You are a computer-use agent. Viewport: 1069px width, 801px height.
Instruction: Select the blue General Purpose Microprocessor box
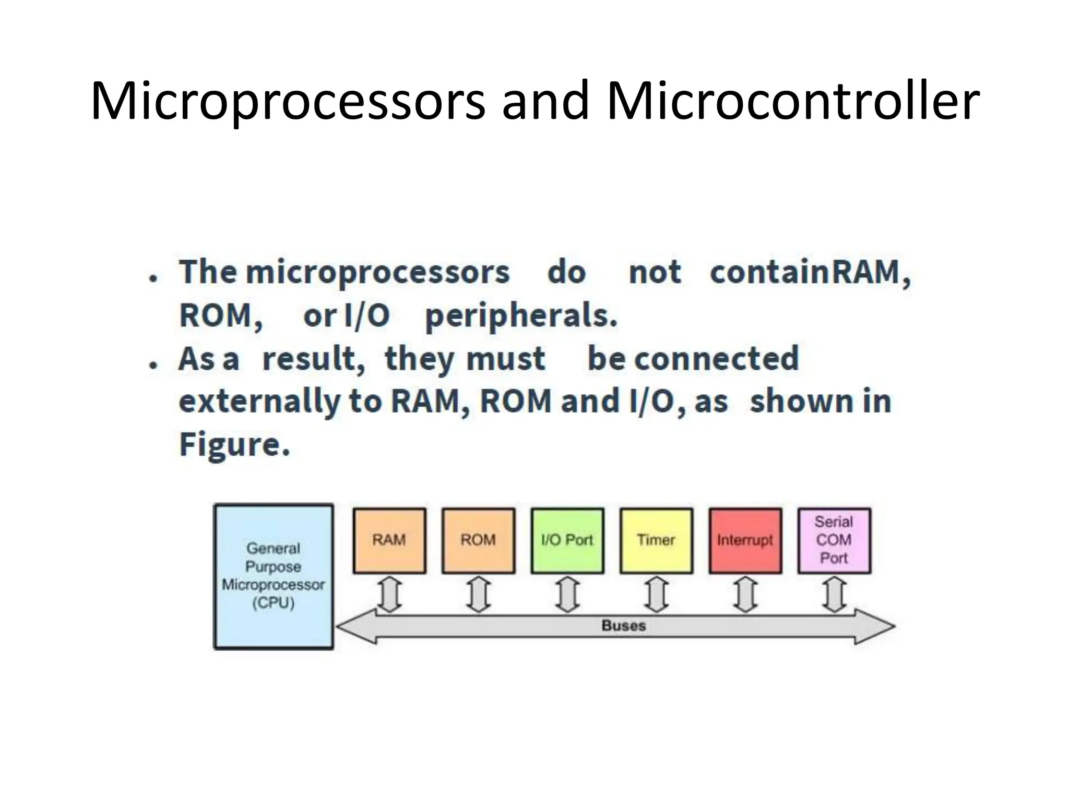click(274, 576)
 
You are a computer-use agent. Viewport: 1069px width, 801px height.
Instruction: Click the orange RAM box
click(389, 541)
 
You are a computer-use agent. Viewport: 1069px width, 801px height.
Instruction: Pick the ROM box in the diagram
click(478, 541)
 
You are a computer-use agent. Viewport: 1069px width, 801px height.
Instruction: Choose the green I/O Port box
click(567, 541)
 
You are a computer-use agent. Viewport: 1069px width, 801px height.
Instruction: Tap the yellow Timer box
click(656, 541)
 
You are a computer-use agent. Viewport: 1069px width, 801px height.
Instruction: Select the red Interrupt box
click(745, 541)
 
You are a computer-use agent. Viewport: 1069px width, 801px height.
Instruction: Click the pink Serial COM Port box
click(834, 541)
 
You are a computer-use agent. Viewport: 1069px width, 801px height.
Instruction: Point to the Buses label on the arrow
click(624, 625)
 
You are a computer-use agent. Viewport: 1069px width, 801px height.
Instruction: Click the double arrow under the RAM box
click(389, 594)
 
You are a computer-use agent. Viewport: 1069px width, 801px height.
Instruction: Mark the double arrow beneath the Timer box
click(657, 594)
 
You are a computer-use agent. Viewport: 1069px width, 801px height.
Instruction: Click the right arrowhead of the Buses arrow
click(877, 626)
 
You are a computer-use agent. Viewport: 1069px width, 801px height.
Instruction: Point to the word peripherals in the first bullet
click(521, 316)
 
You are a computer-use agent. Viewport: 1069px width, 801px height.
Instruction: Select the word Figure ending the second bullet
click(234, 444)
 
